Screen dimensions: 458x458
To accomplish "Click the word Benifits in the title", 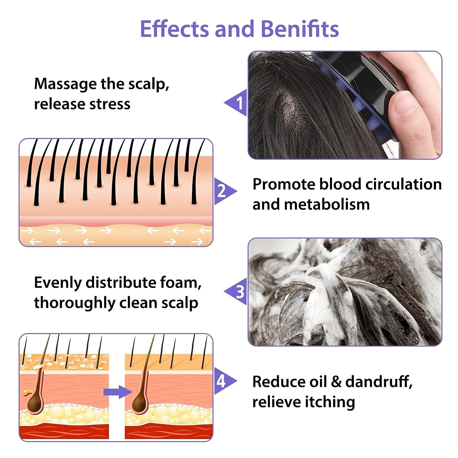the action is coord(300,29).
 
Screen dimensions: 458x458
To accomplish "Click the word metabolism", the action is coord(327,204).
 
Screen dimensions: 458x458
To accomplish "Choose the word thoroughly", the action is coord(75,303).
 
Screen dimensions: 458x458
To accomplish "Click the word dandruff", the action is coord(379,382).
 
